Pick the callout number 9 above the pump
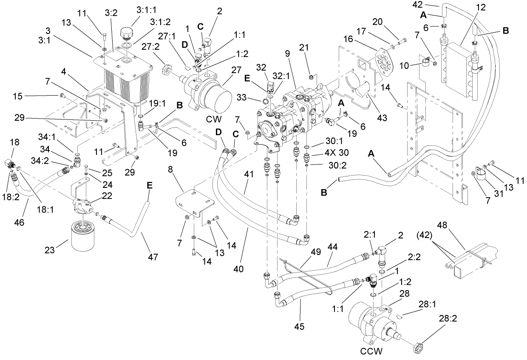click(287, 54)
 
